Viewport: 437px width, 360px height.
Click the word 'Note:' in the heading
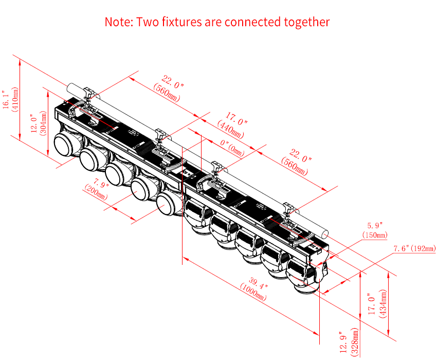click(119, 22)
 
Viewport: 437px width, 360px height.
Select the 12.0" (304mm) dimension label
click(39, 123)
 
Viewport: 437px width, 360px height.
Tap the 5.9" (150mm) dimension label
click(375, 230)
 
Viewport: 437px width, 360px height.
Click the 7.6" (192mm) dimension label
click(414, 248)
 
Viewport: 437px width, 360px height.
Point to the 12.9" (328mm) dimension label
click(349, 342)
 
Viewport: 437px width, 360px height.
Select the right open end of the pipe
click(324, 233)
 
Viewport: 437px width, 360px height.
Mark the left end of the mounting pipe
click(70, 88)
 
